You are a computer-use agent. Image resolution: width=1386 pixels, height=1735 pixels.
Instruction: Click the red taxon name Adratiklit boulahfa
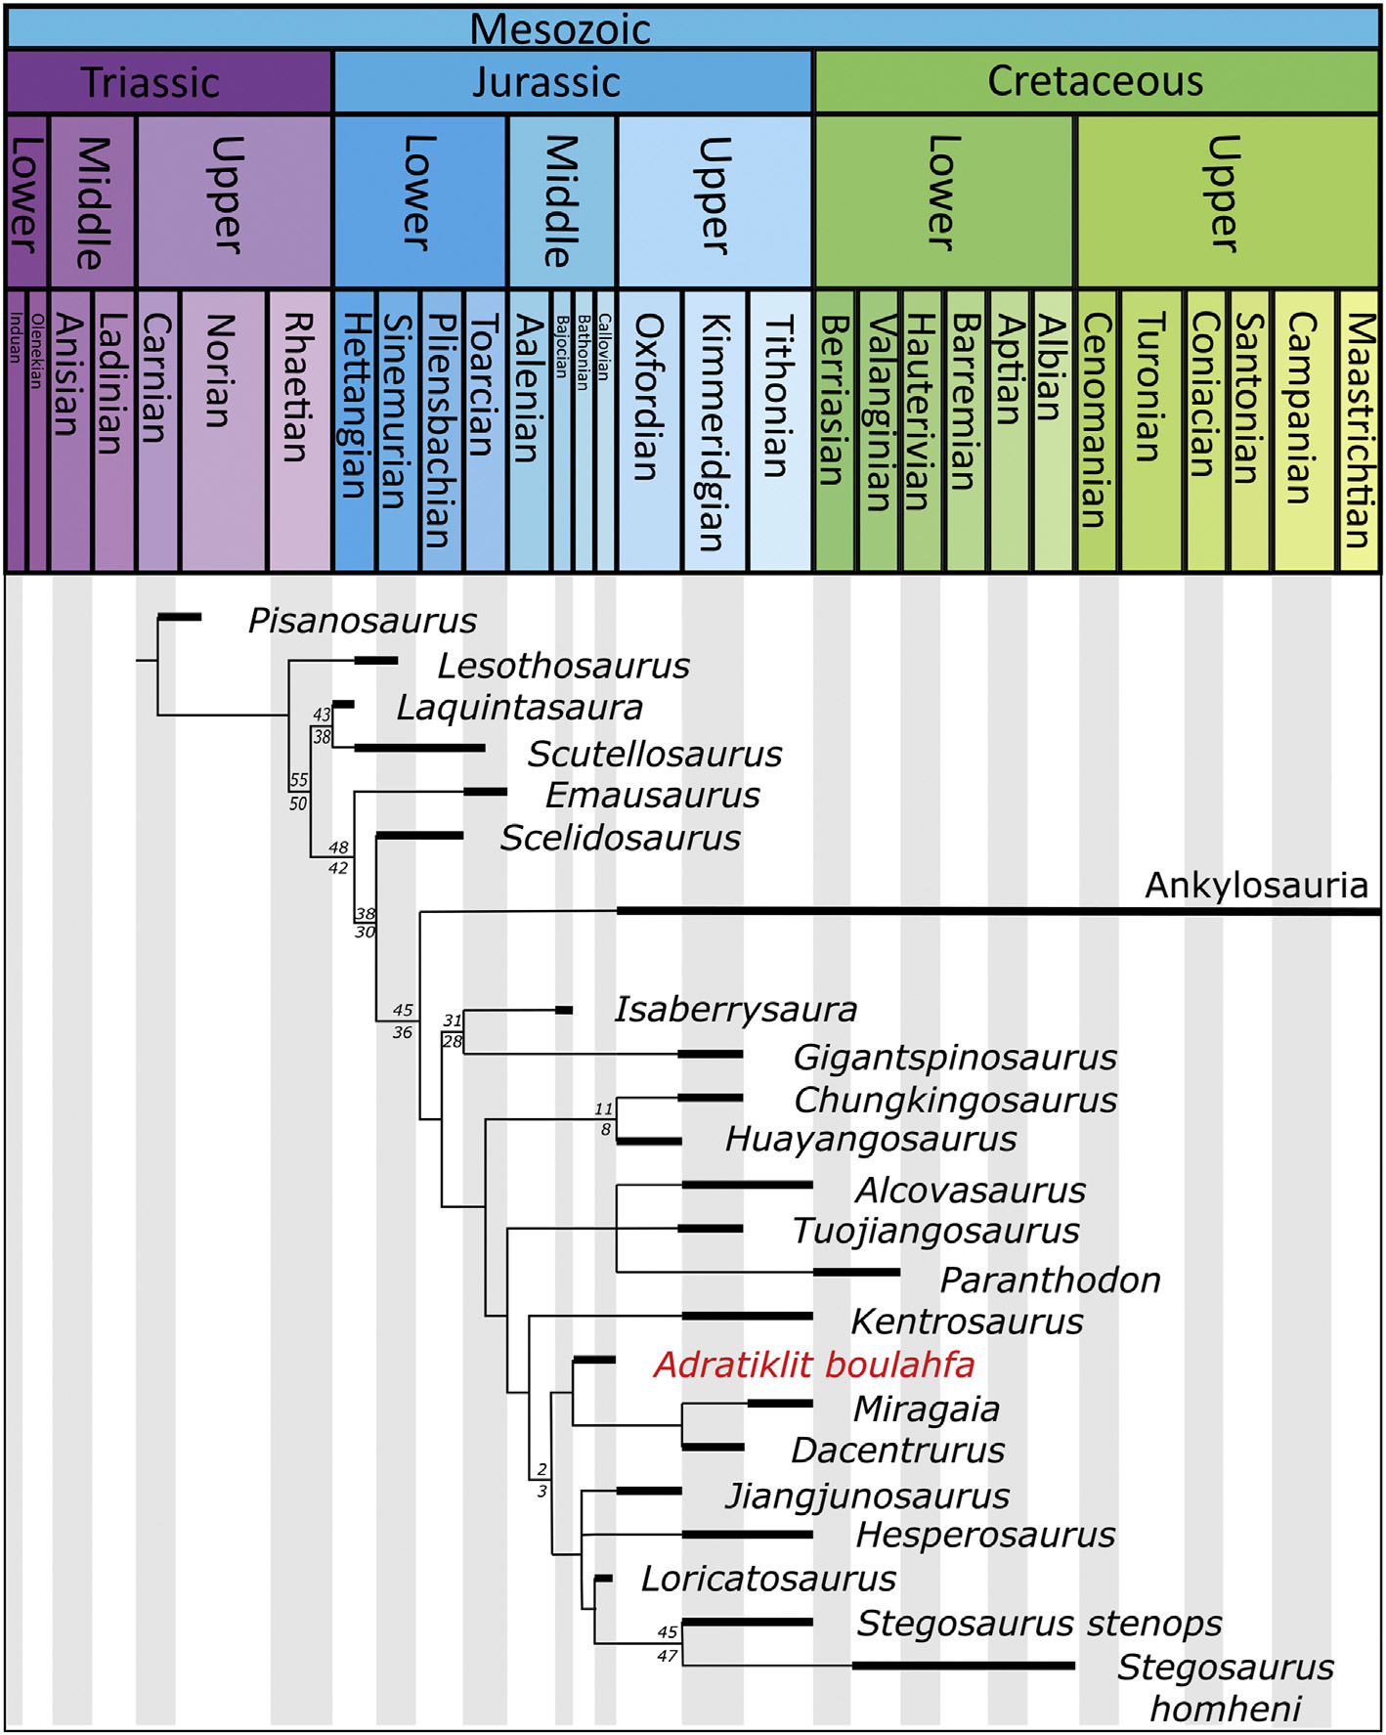point(814,1365)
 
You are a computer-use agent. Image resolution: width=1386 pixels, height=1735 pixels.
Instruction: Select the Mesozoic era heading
point(559,28)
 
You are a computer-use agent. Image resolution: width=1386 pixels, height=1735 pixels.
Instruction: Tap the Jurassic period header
point(546,82)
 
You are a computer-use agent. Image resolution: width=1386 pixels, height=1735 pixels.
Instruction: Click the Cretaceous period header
point(1095,82)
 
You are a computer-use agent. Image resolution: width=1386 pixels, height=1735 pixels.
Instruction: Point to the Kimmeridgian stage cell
point(715,430)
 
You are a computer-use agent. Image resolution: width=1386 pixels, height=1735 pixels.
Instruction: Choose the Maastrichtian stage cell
point(1358,430)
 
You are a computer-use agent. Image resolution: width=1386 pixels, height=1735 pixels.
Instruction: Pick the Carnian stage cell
point(157,430)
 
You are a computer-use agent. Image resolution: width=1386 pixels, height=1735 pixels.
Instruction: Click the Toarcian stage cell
point(485,430)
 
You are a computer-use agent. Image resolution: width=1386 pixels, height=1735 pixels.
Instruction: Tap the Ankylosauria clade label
point(1256,885)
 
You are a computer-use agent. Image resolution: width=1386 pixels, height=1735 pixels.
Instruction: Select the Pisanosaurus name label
point(362,621)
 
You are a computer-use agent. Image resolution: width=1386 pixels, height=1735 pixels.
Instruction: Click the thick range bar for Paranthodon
point(856,1272)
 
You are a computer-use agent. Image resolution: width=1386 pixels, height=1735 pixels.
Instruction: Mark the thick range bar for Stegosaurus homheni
point(963,1666)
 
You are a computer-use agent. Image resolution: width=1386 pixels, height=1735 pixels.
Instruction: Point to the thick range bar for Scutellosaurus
point(419,748)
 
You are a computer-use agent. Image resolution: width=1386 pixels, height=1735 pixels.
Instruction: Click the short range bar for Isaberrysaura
point(564,1010)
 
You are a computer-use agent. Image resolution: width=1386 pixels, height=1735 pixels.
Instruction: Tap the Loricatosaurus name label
point(768,1579)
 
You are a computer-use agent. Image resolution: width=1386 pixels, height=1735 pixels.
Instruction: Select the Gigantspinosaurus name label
point(955,1057)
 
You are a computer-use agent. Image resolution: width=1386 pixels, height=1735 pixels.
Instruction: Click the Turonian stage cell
point(1149,430)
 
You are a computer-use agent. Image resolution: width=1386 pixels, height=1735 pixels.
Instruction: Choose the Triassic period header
point(150,82)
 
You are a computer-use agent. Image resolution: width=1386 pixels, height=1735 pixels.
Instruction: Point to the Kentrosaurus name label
point(967,1322)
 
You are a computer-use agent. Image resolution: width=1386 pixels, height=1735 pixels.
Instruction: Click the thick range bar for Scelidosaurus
point(419,836)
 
